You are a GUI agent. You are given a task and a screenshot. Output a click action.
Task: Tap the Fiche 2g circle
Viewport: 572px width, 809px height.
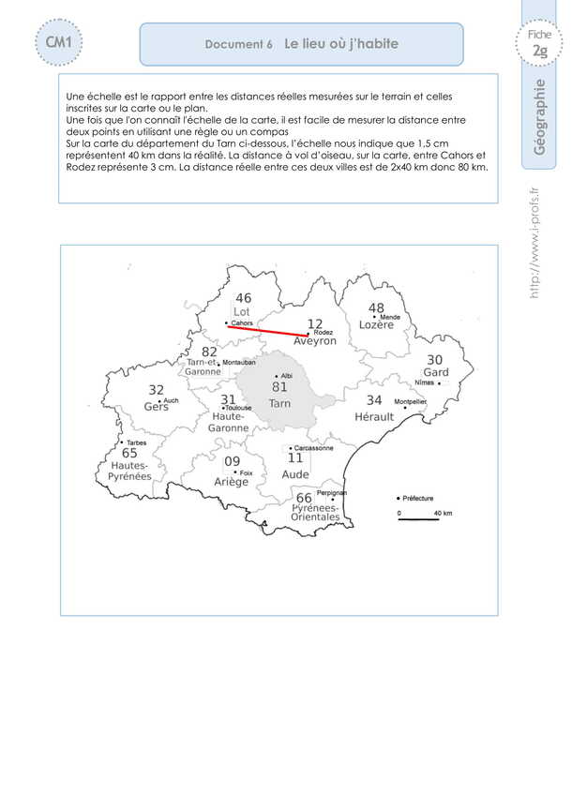pyautogui.click(x=538, y=44)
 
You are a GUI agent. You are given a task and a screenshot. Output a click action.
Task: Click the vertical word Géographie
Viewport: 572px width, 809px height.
pyautogui.click(x=540, y=117)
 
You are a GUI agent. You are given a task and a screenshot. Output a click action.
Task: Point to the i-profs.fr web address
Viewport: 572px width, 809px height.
pyautogui.click(x=536, y=241)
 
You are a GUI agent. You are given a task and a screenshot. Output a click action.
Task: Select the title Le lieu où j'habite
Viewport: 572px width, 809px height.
pyautogui.click(x=341, y=43)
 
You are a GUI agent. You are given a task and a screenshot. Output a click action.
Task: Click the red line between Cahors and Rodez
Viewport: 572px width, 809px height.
pyautogui.click(x=267, y=330)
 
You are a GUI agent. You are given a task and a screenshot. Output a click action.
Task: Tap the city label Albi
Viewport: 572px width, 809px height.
pyautogui.click(x=287, y=374)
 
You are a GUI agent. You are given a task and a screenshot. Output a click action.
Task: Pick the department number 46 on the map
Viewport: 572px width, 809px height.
pyautogui.click(x=243, y=298)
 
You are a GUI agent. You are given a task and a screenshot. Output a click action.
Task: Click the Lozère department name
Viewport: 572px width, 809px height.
pyautogui.click(x=376, y=324)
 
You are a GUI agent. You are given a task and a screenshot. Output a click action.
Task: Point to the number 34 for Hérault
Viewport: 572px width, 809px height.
pyautogui.click(x=374, y=400)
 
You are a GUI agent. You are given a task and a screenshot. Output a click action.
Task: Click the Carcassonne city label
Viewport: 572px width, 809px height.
pyautogui.click(x=310, y=448)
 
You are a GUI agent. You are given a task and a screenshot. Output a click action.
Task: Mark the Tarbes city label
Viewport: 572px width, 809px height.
pyautogui.click(x=135, y=442)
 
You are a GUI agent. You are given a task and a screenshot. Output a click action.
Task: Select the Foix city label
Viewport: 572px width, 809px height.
pyautogui.click(x=247, y=472)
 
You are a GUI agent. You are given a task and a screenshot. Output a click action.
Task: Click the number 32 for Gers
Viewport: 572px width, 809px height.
pyautogui.click(x=157, y=390)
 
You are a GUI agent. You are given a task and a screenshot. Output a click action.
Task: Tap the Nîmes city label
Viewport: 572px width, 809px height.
pyautogui.click(x=425, y=383)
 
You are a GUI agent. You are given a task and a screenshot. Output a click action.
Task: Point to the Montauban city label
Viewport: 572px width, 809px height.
pyautogui.click(x=240, y=362)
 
